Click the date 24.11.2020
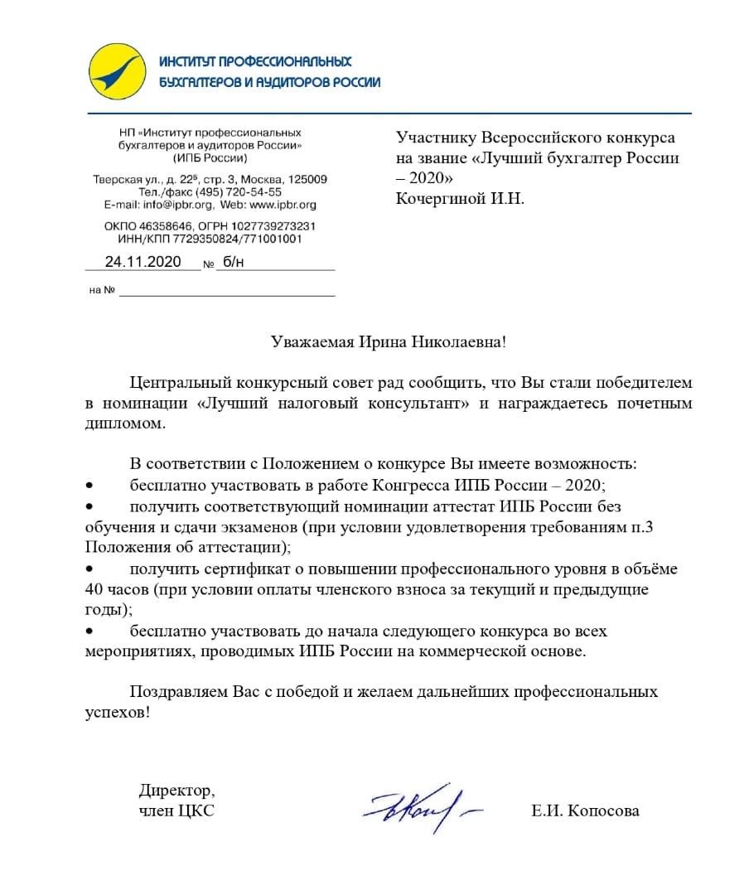(143, 262)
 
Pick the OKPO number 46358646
(167, 226)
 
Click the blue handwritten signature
(419, 805)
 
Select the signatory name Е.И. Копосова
(585, 811)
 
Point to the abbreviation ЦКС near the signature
(196, 811)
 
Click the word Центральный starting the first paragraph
(181, 383)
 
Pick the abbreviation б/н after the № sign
(234, 262)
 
